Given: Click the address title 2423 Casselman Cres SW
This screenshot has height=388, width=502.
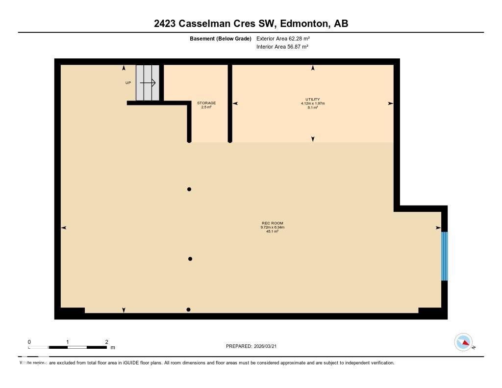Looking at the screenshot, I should [251, 23].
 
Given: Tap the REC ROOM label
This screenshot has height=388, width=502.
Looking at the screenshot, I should [273, 223].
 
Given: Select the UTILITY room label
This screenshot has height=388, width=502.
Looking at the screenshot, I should [313, 99].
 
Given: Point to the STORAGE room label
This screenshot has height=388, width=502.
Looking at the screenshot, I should [206, 103].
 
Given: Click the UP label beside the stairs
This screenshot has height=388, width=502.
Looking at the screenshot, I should [128, 83].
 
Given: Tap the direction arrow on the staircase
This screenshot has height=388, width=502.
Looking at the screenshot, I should [148, 83].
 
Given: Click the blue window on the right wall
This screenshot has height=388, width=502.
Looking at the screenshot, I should [444, 256].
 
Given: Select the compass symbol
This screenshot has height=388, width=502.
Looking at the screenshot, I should [463, 342].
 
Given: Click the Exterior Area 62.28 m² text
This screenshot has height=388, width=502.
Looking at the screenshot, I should [283, 38].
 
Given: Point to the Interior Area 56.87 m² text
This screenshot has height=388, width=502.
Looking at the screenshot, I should [282, 47].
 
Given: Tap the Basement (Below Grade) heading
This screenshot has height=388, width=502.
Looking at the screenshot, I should [220, 38].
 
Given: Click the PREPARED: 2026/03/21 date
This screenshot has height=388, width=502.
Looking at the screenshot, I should [254, 346].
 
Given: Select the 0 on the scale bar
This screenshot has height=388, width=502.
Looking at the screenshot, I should [29, 342].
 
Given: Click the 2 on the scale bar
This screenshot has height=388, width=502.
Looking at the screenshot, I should [106, 342].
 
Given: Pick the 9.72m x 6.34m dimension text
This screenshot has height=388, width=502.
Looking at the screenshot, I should [273, 227].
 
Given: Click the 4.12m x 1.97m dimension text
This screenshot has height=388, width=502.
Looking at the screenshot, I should [313, 103].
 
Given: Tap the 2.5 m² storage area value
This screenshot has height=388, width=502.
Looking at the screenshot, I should [206, 107].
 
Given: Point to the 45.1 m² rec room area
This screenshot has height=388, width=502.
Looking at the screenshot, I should [273, 231].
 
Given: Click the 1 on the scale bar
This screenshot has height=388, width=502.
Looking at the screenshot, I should [68, 342].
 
